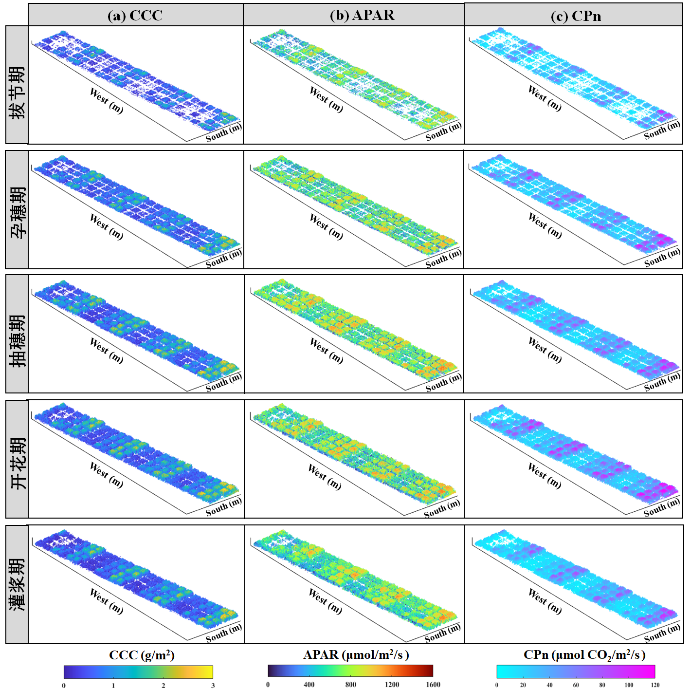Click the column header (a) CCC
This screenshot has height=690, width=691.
pos(135,16)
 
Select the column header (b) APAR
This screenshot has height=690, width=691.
pos(362,16)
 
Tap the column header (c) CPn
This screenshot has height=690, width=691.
pos(576,16)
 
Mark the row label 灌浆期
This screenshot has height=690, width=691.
pos(17,584)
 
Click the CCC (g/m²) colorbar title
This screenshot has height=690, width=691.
pos(142,655)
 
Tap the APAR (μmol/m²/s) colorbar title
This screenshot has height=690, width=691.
pos(356,655)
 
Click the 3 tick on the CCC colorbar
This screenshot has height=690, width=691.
pos(213,685)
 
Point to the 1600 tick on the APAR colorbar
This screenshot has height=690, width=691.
pos(433,684)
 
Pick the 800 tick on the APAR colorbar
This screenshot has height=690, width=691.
pos(350,684)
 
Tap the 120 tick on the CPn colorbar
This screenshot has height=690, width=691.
pos(655,685)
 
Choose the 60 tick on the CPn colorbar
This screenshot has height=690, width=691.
pos(576,685)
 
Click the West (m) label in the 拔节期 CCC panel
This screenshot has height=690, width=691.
pos(107,100)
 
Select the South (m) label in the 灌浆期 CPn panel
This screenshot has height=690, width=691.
pos(662,633)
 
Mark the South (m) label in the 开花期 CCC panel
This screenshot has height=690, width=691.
pos(223,506)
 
